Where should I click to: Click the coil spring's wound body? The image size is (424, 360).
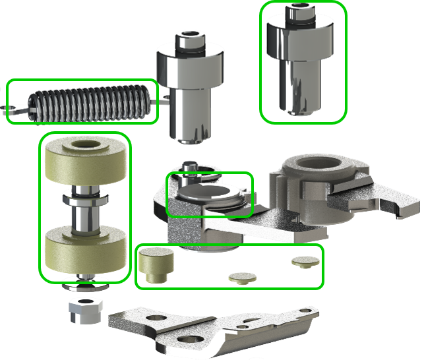point(89,102)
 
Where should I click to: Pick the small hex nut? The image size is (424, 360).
point(84,310)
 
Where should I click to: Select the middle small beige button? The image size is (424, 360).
point(241,277)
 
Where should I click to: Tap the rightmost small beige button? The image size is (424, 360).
point(303,261)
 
